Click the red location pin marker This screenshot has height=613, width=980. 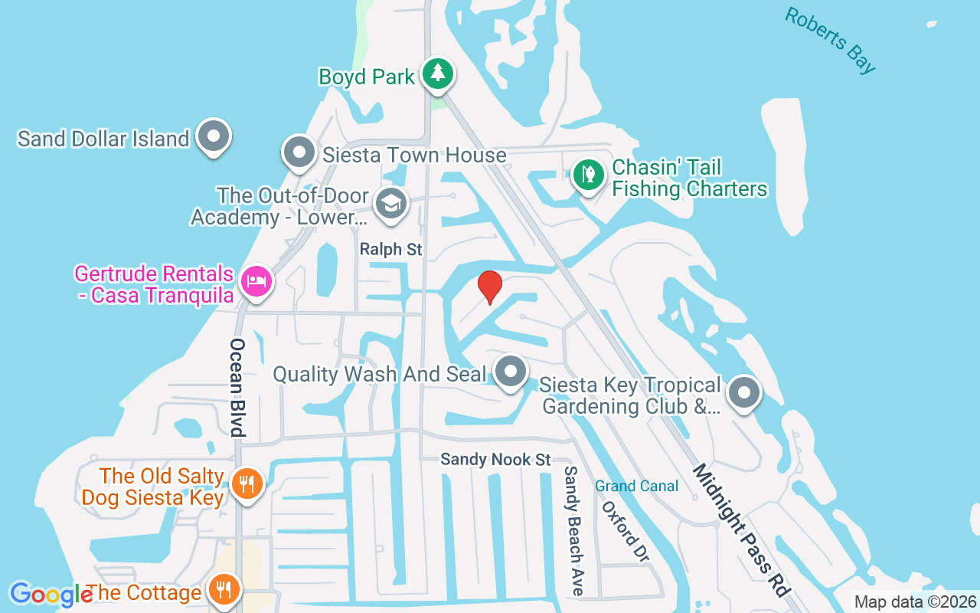pos(490,287)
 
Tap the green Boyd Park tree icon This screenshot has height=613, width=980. pos(438,74)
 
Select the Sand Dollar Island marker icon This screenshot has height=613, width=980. pos(214,137)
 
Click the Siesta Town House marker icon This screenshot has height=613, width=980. pos(299,152)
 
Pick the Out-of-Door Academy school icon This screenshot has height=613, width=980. pos(391,205)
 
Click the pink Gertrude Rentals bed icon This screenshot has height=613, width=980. pos(256,281)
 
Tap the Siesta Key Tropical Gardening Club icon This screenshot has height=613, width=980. pos(743,394)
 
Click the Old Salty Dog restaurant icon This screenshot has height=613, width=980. pos(247,484)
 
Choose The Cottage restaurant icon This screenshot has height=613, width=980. pos(224,591)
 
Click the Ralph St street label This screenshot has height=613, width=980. pos(391,250)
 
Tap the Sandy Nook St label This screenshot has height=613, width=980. pos(495,460)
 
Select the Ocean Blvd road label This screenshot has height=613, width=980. pos(237,387)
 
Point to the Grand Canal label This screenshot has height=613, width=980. pos(637,486)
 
